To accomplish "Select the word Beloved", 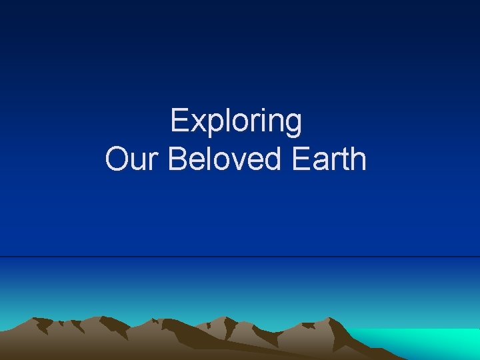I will (221, 160).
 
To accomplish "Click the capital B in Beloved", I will (177, 160).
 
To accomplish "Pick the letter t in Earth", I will (344, 161).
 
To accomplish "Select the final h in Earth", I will (358, 160).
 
